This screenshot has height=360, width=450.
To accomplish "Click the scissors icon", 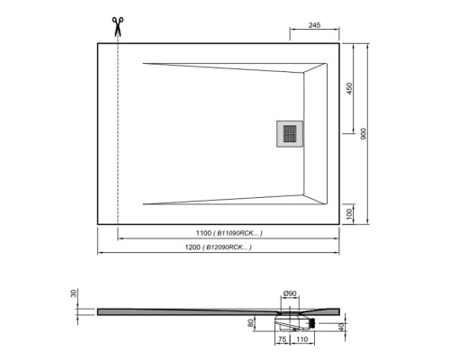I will point(117,25).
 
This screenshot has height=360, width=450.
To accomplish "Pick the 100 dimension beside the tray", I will point(347,213).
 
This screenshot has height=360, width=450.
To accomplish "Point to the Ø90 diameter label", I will point(290,293).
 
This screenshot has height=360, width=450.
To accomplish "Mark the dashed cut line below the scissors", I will point(118,135).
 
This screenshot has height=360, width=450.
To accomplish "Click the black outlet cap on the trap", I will point(312,319).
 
